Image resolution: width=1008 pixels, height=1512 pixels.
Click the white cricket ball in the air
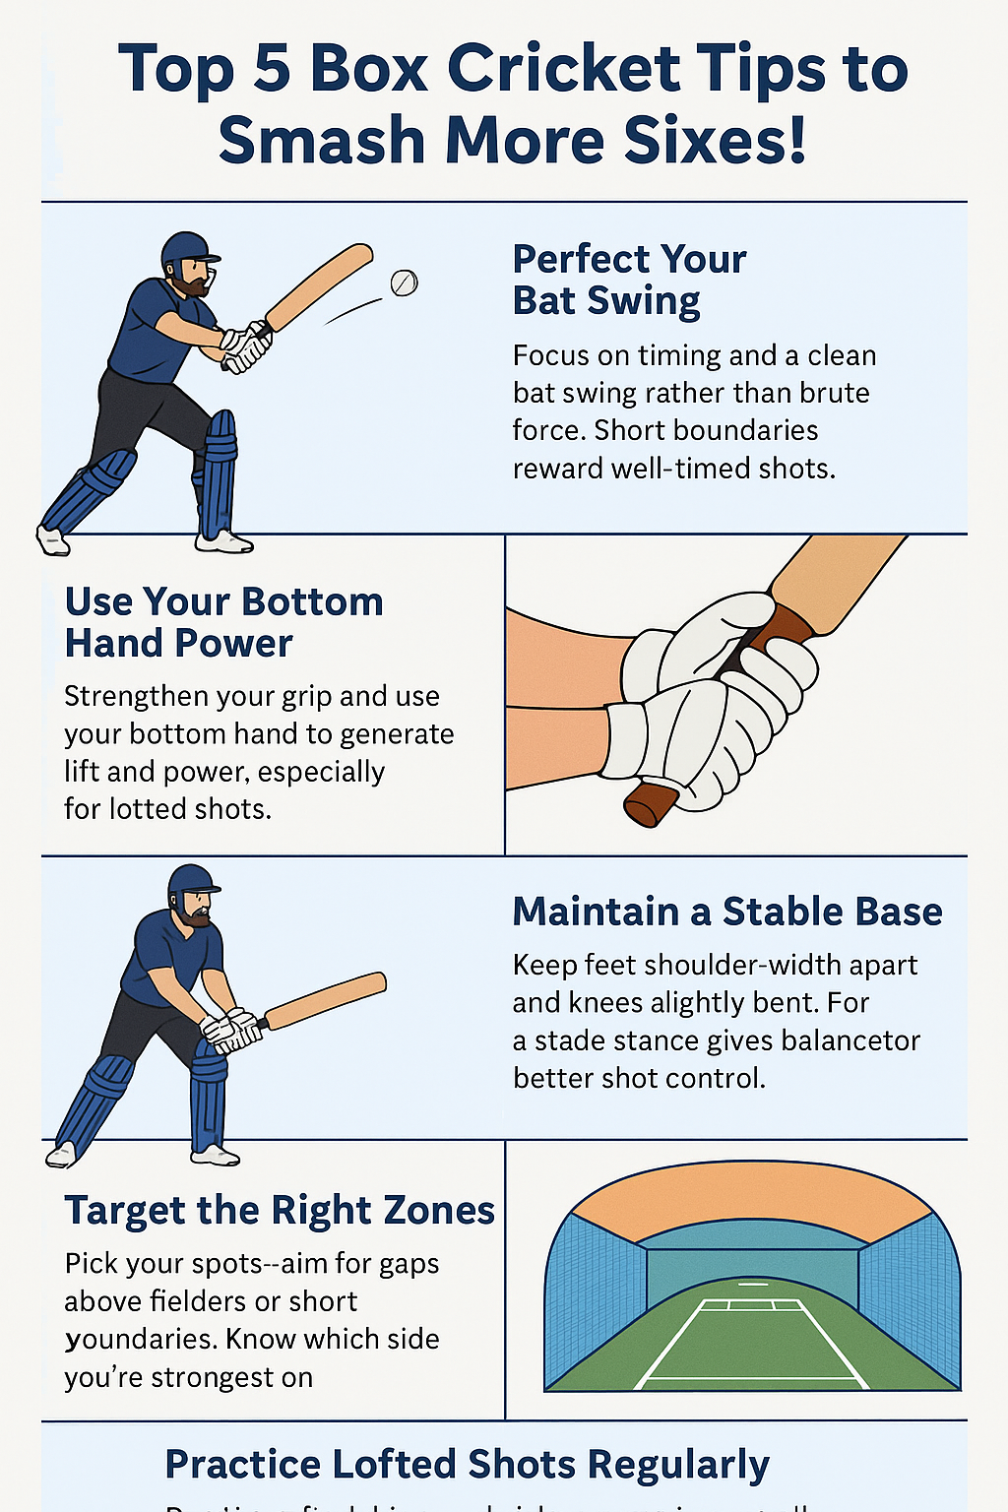(404, 283)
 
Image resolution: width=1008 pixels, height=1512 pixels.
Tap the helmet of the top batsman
(186, 252)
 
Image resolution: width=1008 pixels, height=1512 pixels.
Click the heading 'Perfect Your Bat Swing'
(629, 280)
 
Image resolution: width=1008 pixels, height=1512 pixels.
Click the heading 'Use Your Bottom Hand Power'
(223, 622)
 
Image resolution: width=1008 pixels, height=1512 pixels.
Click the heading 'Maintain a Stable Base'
(726, 912)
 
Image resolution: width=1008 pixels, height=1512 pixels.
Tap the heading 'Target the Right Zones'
(280, 1211)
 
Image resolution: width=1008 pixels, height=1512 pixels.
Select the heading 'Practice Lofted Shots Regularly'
(467, 1465)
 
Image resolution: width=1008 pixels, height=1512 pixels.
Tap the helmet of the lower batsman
(191, 881)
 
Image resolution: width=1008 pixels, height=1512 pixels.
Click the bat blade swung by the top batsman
(319, 287)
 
